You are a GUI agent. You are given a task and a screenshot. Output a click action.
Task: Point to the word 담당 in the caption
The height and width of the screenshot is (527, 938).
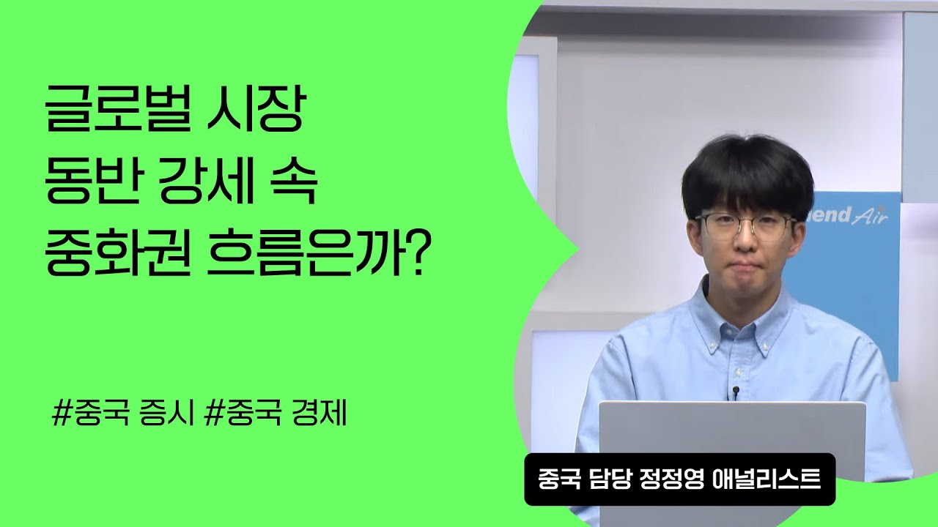[x=605, y=479]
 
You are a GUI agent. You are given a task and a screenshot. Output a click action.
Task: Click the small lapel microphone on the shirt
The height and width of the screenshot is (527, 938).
[x=735, y=393]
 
